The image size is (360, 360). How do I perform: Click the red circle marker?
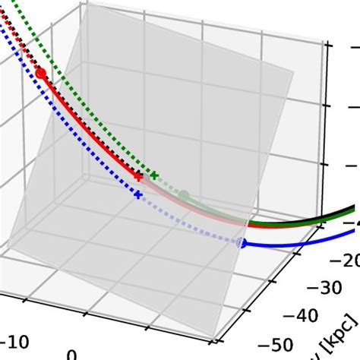[x=41, y=73]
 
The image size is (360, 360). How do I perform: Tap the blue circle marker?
[x=241, y=243]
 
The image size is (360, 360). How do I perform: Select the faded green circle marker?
[x=183, y=196]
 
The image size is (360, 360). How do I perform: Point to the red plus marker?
[x=138, y=176]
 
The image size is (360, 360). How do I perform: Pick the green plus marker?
[x=154, y=175]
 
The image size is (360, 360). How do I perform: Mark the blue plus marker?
[x=137, y=195]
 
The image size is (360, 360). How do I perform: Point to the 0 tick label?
[x=71, y=354]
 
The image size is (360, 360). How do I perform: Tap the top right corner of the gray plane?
[x=293, y=73]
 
